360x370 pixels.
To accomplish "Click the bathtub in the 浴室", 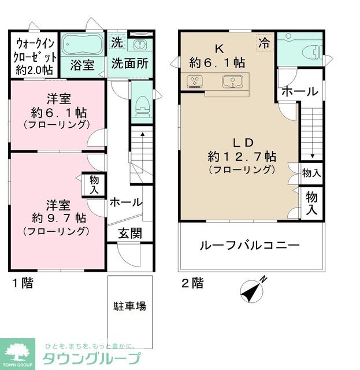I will click(x=82, y=43).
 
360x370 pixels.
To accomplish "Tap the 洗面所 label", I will click(x=128, y=64).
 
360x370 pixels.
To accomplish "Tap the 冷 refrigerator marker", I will click(x=264, y=42).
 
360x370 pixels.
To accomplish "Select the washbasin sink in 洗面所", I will click(x=139, y=45).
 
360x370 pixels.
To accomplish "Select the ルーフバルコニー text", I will click(x=250, y=245).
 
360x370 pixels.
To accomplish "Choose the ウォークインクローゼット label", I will click(x=35, y=56).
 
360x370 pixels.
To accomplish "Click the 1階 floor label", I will click(x=23, y=283).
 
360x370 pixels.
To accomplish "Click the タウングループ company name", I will click(x=93, y=357).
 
